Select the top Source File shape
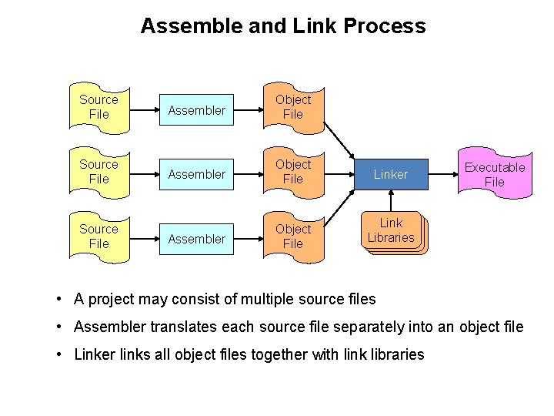click(98, 107)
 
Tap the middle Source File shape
click(98, 172)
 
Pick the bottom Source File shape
click(98, 237)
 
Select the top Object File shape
click(293, 107)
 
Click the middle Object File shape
click(293, 172)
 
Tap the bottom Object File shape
click(293, 237)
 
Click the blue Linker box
click(390, 175)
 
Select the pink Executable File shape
click(495, 175)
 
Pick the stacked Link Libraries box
click(390, 231)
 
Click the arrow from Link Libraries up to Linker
click(390, 202)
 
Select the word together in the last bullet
click(293, 354)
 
